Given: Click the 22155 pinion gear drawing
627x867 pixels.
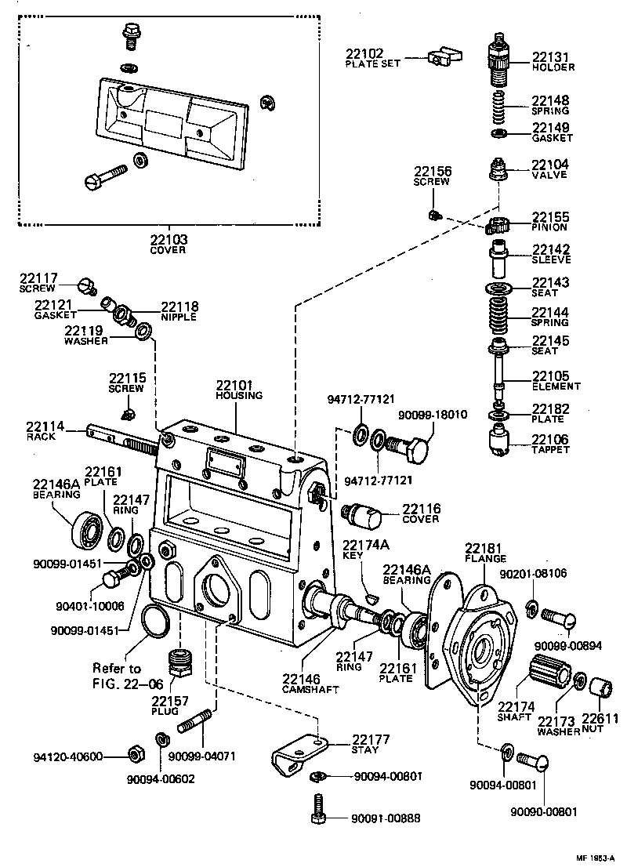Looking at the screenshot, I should click(x=498, y=227).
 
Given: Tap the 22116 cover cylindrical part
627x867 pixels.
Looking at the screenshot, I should click(x=363, y=515).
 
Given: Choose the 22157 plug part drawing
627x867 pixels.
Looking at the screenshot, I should click(x=182, y=663).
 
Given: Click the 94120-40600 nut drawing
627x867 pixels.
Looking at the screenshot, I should click(x=133, y=756).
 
